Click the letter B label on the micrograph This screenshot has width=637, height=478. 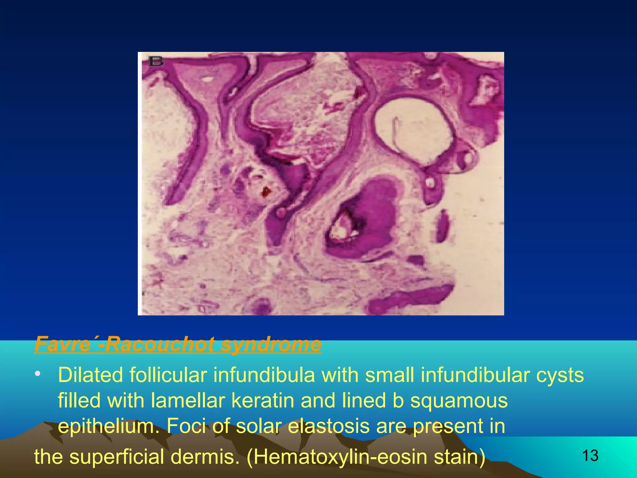pos(156,61)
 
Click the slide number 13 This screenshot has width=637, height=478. pos(590,456)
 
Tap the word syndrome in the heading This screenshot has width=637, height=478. pos(271,344)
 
